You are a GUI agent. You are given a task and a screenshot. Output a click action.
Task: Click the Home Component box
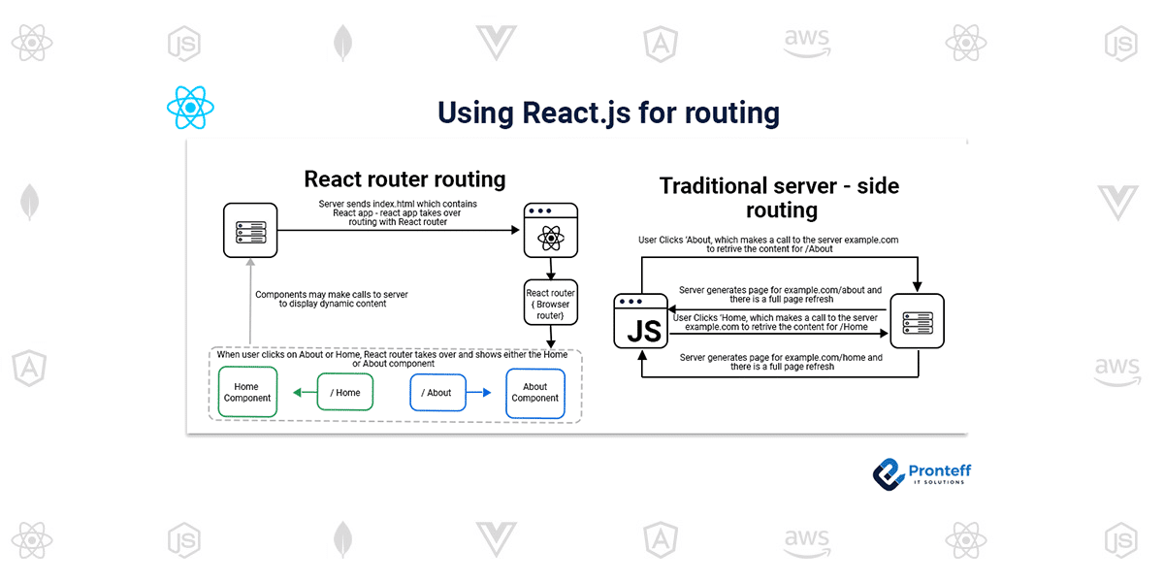247,392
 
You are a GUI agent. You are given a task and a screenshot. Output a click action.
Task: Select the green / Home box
344,392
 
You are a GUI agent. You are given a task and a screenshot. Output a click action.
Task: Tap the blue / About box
438,392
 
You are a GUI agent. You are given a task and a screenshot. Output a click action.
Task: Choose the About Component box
535,392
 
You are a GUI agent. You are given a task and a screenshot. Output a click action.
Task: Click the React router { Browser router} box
551,304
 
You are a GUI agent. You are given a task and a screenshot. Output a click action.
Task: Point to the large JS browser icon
643,321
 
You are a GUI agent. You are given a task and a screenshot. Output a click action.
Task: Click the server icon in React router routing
250,231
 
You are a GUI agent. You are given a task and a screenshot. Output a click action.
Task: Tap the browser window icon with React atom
550,231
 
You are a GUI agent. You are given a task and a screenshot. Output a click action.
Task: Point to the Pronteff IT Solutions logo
921,473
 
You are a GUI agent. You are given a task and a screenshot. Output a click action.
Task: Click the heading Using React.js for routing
608,113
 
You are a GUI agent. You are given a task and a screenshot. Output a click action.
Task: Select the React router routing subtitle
404,179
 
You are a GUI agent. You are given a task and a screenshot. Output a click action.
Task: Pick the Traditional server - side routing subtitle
781,197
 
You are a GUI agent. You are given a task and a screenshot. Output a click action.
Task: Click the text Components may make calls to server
320,299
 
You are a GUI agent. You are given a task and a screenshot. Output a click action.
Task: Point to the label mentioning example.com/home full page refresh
781,363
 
